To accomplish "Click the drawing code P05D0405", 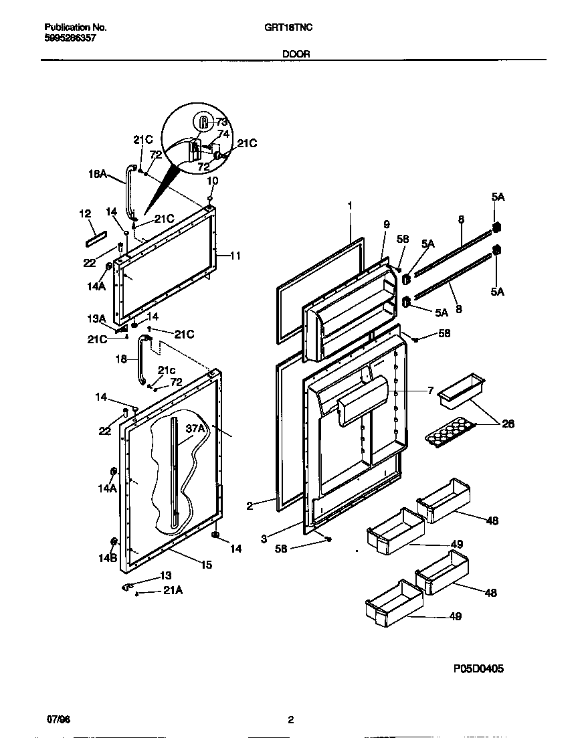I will point(478,668).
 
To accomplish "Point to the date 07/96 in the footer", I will point(58,720).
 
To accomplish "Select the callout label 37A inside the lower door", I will point(197,428).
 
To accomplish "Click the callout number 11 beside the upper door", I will point(235,256).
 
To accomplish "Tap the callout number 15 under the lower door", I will point(206,565).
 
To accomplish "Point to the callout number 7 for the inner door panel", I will point(430,389).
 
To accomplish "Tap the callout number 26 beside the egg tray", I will point(508,423).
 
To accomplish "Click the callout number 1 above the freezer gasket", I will point(349,205).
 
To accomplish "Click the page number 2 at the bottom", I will point(290,720).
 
